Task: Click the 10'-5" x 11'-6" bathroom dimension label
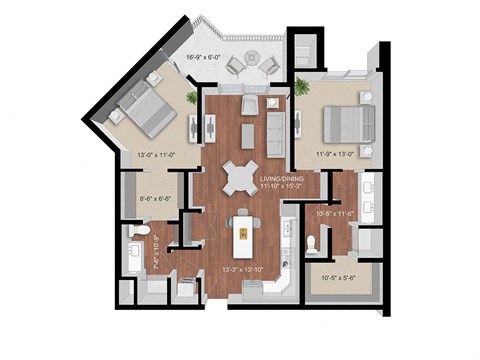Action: [x=334, y=213]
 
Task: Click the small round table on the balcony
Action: [x=249, y=64]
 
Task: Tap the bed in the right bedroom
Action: [x=346, y=124]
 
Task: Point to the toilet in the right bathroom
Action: [x=312, y=242]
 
